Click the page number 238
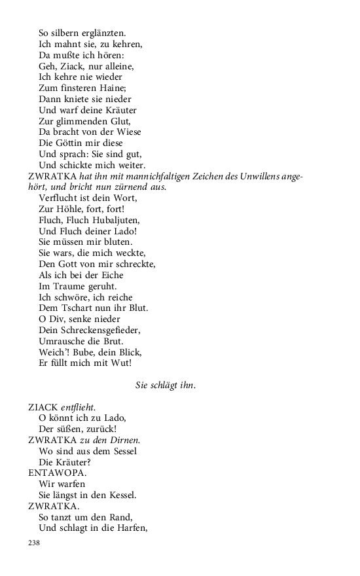(34, 543)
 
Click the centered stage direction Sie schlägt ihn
(165, 386)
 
